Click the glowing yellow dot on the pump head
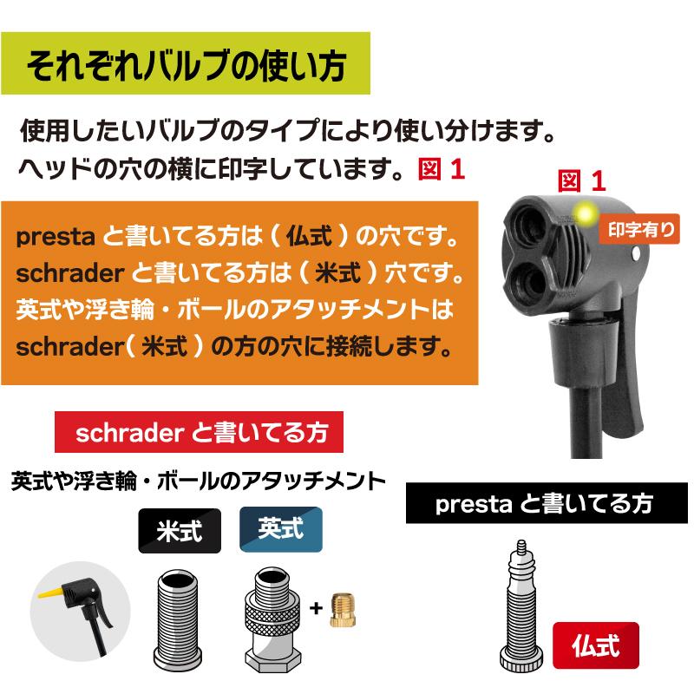pos(587,212)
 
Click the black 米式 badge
pos(180,531)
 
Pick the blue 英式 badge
pos(280,530)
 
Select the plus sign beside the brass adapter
pos(317,608)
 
